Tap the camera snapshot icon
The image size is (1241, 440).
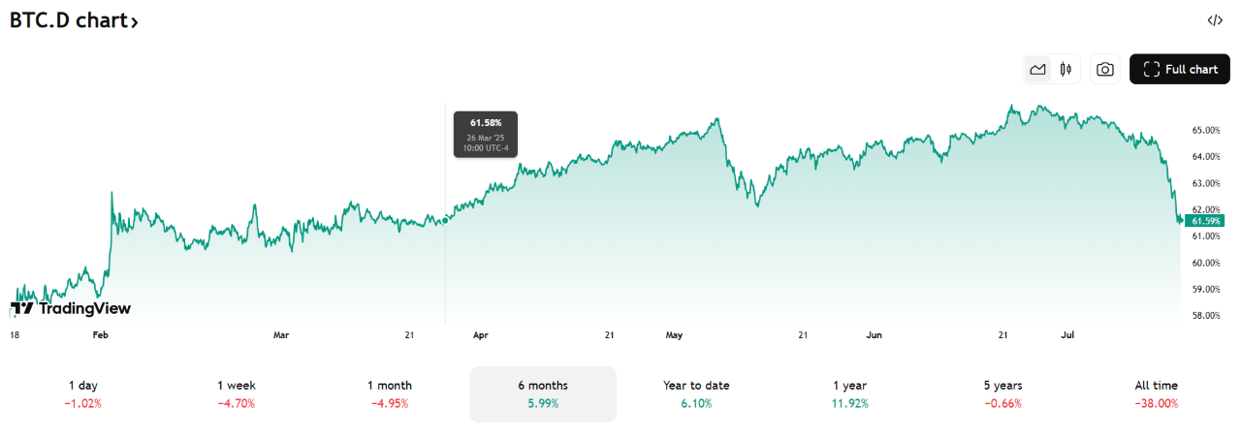[x=1104, y=69]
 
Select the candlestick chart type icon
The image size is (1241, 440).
[x=1066, y=69]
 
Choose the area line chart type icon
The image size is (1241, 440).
[x=1037, y=69]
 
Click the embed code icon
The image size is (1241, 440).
[x=1215, y=20]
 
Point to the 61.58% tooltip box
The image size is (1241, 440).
[x=486, y=134]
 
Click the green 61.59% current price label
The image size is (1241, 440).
[x=1207, y=221]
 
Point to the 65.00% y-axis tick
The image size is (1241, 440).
[x=1205, y=130]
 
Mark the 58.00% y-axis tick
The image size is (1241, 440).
[x=1205, y=316]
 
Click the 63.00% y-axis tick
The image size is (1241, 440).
[x=1205, y=183]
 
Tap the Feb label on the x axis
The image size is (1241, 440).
[x=100, y=335]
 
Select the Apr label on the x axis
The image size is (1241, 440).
[x=480, y=335]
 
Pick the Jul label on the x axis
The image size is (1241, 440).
[x=1068, y=335]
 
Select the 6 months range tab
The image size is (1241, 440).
[x=543, y=393]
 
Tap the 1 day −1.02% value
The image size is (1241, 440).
[x=83, y=403]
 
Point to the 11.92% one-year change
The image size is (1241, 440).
[x=849, y=403]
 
